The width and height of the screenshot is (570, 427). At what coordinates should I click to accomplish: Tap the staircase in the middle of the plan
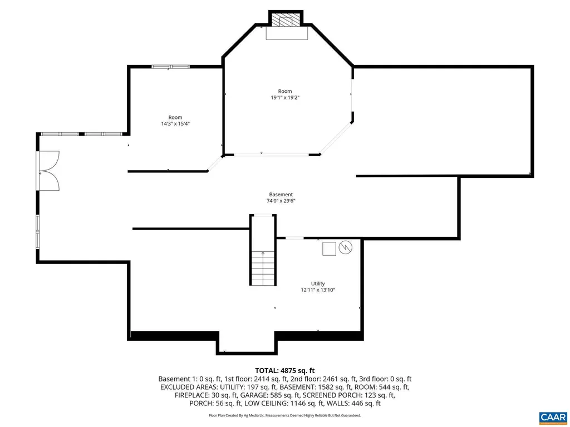pyautogui.click(x=262, y=267)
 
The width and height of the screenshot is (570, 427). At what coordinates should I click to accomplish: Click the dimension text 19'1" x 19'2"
pyautogui.click(x=285, y=97)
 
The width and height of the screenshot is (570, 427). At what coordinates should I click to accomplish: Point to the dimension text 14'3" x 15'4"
pyautogui.click(x=175, y=123)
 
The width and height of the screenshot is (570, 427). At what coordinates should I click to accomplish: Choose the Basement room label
pyautogui.click(x=281, y=195)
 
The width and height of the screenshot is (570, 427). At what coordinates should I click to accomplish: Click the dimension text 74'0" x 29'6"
pyautogui.click(x=281, y=201)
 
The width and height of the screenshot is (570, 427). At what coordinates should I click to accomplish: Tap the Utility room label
pyautogui.click(x=318, y=283)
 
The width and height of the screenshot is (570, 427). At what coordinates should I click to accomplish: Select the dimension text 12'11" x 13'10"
pyautogui.click(x=318, y=290)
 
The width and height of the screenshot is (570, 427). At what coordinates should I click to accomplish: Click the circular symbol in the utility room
pyautogui.click(x=346, y=248)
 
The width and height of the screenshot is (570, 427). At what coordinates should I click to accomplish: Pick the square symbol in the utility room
pyautogui.click(x=329, y=249)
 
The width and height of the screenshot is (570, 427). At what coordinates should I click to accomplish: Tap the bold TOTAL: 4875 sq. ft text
pyautogui.click(x=285, y=370)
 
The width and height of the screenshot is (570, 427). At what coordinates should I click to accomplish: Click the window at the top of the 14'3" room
pyautogui.click(x=170, y=67)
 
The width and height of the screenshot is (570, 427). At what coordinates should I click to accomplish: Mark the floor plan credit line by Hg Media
pyautogui.click(x=285, y=415)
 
